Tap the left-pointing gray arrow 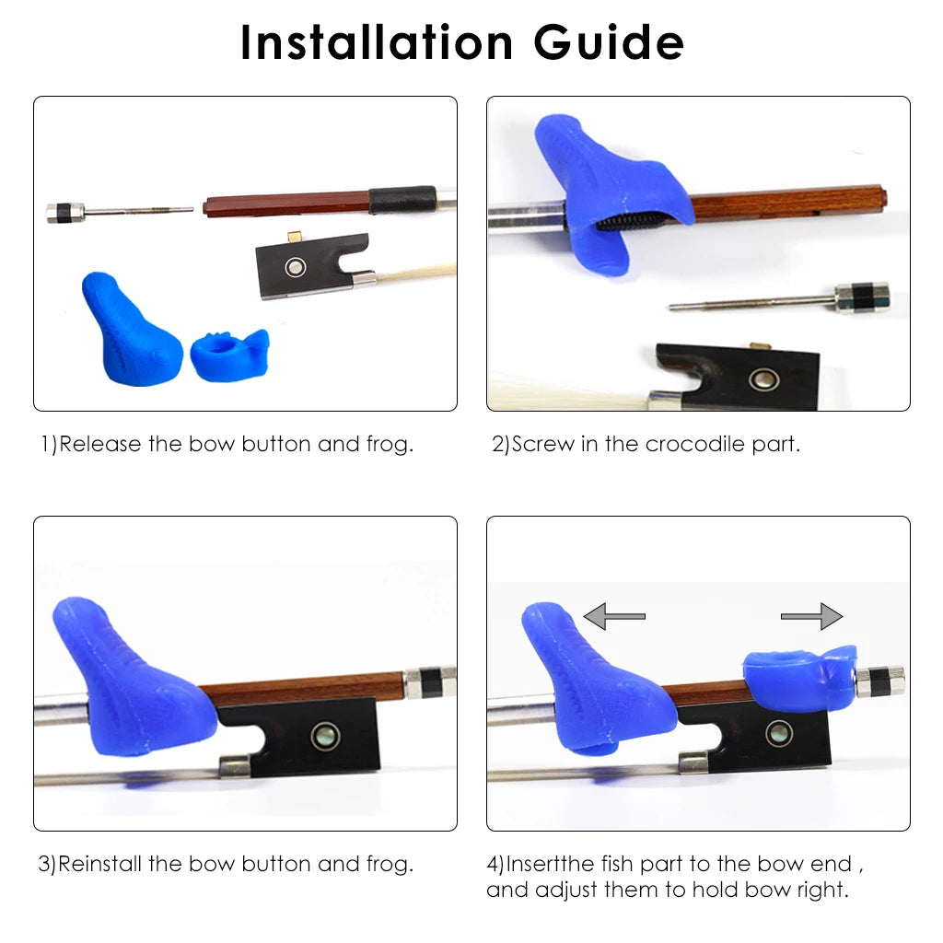[x=614, y=615]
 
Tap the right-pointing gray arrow [x=812, y=615]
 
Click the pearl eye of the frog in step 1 [x=294, y=267]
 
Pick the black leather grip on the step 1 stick [x=402, y=199]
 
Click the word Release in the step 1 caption [x=100, y=444]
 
